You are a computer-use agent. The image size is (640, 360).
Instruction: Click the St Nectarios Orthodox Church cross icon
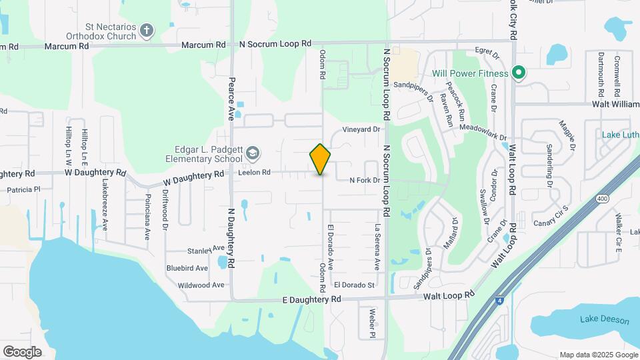pos(147,30)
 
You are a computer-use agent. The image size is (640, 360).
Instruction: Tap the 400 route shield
pos(603,199)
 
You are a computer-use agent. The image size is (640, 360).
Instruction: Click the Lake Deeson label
pos(604,320)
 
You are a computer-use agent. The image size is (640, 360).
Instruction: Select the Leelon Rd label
pos(255,173)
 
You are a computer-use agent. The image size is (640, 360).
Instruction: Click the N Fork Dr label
pos(365,180)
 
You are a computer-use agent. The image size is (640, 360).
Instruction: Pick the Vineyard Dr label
pos(361,129)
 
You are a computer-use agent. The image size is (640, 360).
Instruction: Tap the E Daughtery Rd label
pos(312,299)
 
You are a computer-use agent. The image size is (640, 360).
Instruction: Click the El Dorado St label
pos(355,285)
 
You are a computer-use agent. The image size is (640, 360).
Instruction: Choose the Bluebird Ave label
pos(187,268)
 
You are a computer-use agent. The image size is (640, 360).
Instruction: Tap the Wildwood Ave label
pos(201,285)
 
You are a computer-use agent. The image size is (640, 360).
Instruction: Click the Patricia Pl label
pos(24,189)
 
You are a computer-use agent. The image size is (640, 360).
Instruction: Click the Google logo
pos(22,351)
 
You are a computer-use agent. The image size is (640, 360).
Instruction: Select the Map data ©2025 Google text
pos(599,354)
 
